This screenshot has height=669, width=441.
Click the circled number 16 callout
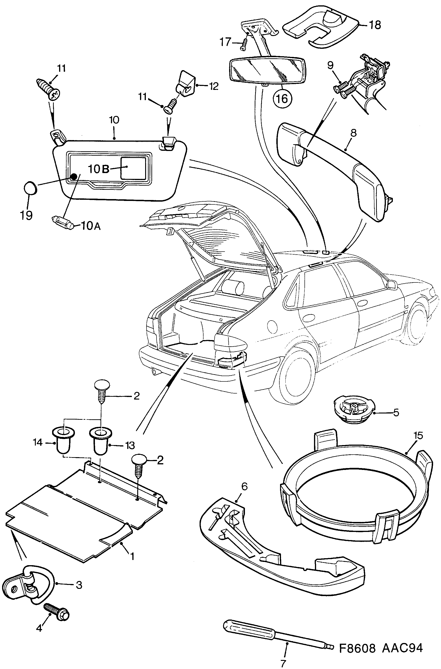(282, 98)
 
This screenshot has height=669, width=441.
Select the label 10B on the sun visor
(98, 169)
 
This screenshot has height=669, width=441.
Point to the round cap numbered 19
(30, 187)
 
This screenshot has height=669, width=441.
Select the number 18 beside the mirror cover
(375, 25)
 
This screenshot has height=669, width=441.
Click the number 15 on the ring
(418, 435)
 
